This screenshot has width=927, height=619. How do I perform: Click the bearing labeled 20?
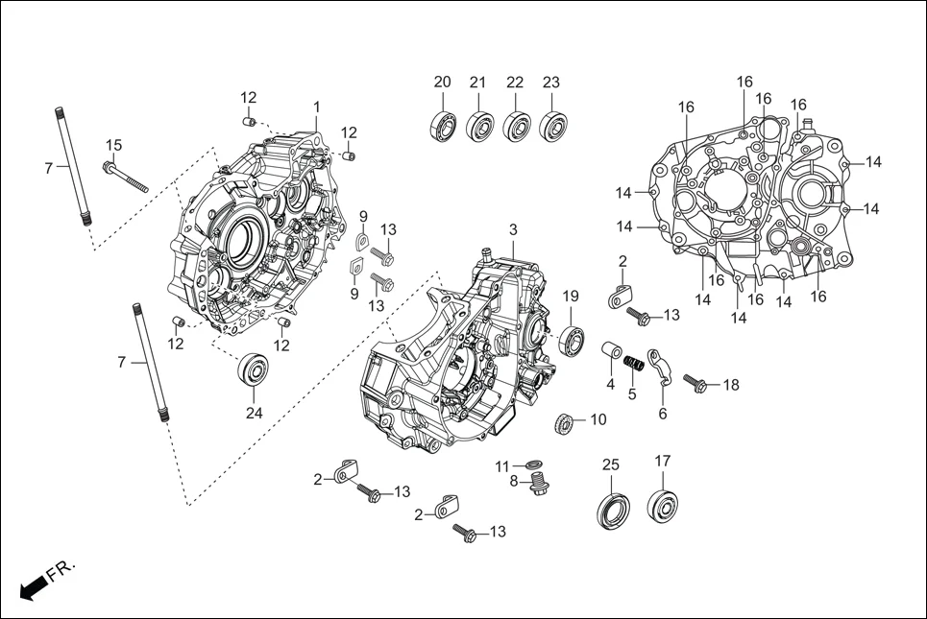pos(443,125)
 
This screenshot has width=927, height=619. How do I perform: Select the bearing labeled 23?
pos(552,126)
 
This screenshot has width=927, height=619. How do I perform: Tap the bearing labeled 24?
pos(254,370)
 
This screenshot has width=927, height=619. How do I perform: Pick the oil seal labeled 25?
pos(615,507)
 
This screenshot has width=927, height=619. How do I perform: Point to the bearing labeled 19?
pos(573,341)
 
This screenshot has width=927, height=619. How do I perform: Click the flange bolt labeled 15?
pos(130,175)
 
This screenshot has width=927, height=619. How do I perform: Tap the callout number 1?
pos(316,106)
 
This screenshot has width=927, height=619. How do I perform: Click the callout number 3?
pos(513,229)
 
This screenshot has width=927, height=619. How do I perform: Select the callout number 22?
pos(515,82)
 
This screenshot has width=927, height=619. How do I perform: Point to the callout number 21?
pos(478,82)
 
